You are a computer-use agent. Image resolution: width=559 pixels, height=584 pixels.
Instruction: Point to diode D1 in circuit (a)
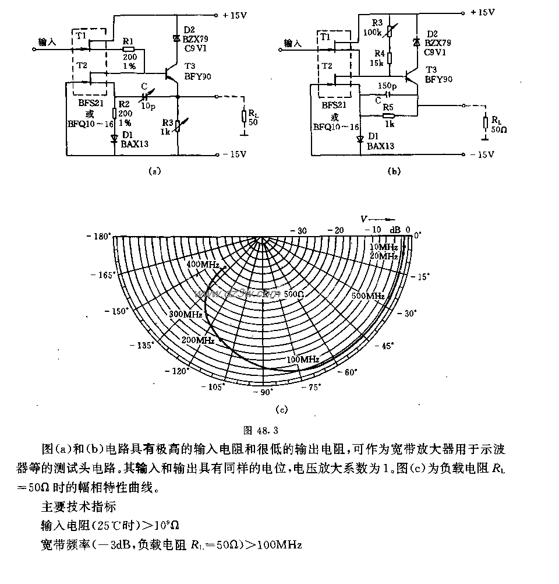tap(115, 139)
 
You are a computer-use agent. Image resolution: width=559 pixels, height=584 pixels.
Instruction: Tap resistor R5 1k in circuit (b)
tap(388, 115)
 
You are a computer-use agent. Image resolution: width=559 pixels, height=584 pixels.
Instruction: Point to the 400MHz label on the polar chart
tap(202, 265)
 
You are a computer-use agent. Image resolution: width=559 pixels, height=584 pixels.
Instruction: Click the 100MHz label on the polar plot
tap(301, 359)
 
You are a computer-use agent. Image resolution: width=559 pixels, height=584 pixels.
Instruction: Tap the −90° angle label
tap(264, 392)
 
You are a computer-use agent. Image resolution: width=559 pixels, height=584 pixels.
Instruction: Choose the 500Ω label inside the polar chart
tap(294, 295)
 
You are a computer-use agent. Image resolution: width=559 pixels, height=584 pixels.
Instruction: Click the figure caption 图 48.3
tap(263, 431)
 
